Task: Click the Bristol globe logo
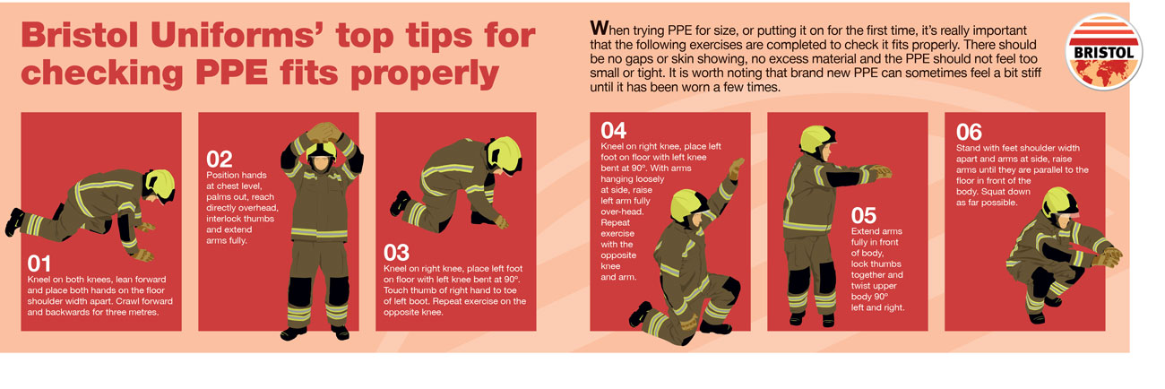1104,53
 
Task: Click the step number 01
39,264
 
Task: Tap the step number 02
219,160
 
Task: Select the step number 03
396,254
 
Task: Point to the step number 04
613,130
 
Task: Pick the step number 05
864,215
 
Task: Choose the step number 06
969,132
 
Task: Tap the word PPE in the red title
232,73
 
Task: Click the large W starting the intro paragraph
600,28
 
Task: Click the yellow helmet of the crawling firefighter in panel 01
160,186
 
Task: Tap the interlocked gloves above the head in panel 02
324,132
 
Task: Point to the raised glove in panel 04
737,169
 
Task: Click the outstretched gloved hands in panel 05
881,171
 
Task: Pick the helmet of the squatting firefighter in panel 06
1059,203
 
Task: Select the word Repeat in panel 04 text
616,222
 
